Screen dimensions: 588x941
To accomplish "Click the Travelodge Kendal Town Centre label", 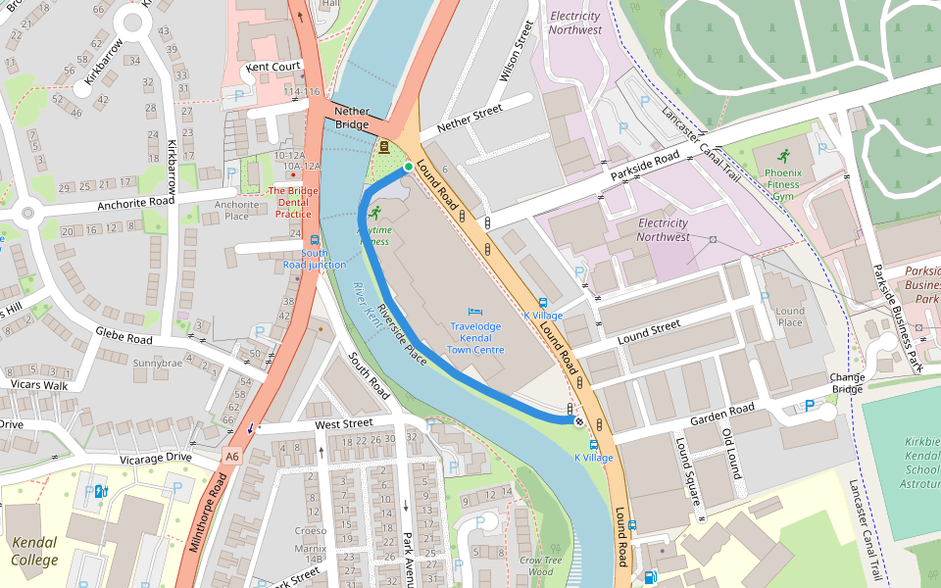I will point(475,337).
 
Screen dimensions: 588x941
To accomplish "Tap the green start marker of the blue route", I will point(409,168).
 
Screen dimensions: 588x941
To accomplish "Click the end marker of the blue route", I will point(579,421).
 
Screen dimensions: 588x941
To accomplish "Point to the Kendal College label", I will point(34,551).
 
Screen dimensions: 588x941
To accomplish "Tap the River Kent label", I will point(367,305).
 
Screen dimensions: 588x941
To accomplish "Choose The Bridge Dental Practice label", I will point(293,202).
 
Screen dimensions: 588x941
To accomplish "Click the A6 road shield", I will point(232,455).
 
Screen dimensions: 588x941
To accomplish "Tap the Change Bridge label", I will point(846,383).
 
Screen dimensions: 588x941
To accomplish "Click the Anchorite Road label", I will point(134,203).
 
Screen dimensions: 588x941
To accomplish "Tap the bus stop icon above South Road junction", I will point(315,239).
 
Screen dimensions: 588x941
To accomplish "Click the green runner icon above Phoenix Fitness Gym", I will point(782,155).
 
